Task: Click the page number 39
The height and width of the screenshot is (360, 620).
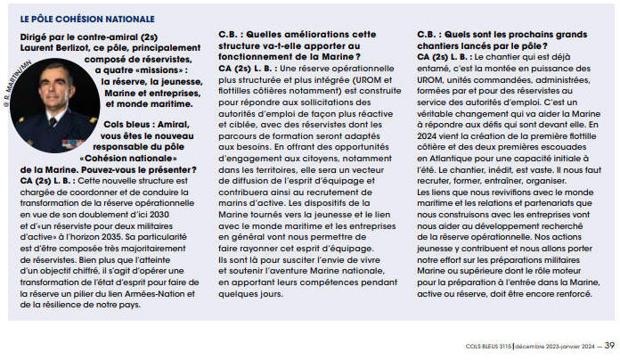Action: [x=608, y=346]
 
